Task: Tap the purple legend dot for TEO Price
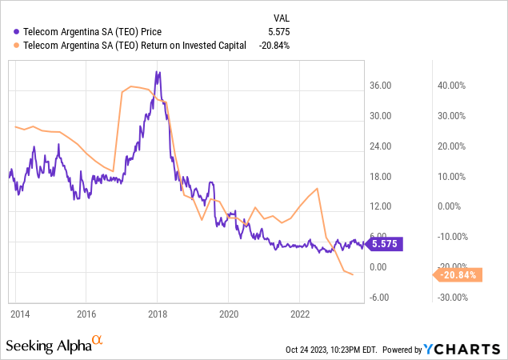point(10,31)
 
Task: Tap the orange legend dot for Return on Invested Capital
point(10,46)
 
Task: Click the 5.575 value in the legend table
point(274,31)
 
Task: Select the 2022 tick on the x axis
point(299,313)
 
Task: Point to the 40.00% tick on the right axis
point(450,86)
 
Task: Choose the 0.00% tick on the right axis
point(452,206)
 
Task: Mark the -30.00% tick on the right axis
point(448,298)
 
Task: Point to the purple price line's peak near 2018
point(158,73)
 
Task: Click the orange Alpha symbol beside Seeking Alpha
point(98,341)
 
